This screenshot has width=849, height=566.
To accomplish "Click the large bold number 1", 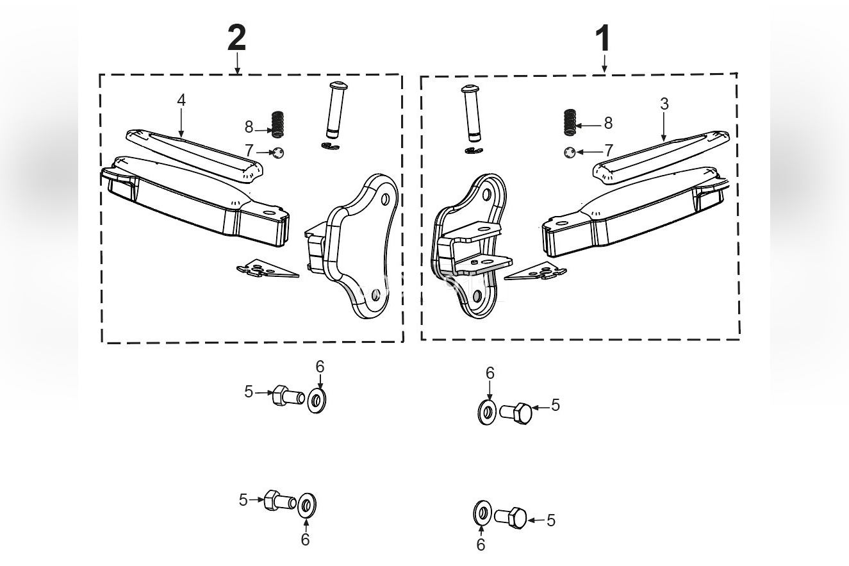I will pos(603,40).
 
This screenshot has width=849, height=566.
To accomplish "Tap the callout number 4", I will pos(181,100).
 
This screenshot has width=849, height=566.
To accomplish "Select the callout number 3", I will pos(664,104).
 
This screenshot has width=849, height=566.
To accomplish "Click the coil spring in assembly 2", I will pos(277,124).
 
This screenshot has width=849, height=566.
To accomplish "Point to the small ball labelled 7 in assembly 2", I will pos(277,153).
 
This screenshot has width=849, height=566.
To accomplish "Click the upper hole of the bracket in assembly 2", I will pos(385,199).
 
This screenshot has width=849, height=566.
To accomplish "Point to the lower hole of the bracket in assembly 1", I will pos(477,296).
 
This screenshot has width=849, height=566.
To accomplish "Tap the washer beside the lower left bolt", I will pos(307,506).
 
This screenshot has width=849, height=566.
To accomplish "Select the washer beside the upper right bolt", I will pos(487,412).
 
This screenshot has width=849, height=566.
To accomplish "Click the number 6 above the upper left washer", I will pos(320,367).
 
